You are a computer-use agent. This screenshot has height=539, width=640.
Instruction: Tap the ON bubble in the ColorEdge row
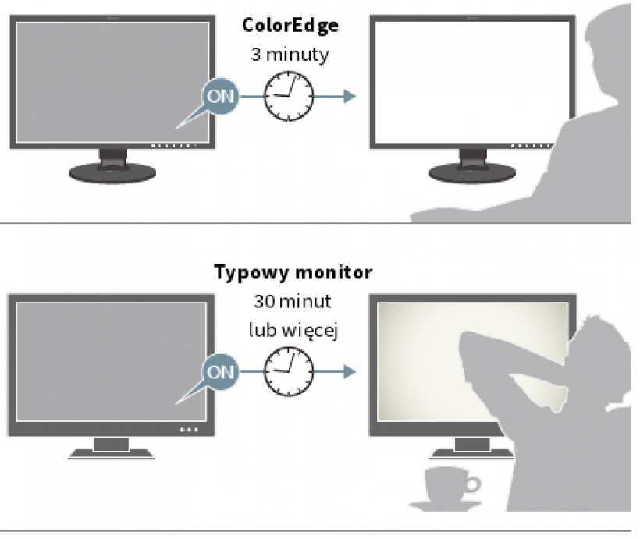(x=220, y=97)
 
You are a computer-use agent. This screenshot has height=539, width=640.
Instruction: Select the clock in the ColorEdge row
(x=288, y=97)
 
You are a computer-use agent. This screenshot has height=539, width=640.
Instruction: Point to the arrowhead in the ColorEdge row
(x=349, y=97)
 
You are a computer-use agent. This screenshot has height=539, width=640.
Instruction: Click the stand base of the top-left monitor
(x=109, y=173)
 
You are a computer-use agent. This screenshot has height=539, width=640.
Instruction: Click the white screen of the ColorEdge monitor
(x=460, y=78)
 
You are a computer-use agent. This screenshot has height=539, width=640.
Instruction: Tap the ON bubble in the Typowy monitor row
(x=220, y=371)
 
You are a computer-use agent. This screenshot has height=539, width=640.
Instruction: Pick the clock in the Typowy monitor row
(x=288, y=371)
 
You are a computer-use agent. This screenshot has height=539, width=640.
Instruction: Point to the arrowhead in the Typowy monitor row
(x=349, y=371)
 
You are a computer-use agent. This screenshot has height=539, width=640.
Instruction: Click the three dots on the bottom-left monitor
(x=188, y=429)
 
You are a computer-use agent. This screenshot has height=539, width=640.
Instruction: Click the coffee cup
(x=453, y=484)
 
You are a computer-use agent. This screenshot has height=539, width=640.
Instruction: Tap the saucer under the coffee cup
(x=448, y=502)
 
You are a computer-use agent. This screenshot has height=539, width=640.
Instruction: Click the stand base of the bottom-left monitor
(x=109, y=453)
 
